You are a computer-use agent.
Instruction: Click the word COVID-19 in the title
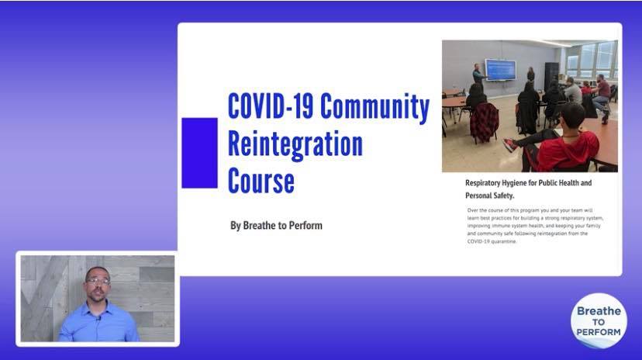coord(271,106)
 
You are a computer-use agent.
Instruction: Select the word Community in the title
coord(374,107)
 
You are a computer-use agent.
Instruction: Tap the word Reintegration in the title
coord(295,144)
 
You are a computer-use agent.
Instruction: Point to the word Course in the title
coord(261,181)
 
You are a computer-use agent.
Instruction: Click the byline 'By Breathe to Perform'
coord(276,226)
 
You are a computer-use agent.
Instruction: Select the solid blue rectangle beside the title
coord(199,153)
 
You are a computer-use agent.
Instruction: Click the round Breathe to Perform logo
coord(599,320)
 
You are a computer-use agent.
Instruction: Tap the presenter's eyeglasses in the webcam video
coord(98,282)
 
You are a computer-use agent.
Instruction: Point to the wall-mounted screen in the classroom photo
coord(500,69)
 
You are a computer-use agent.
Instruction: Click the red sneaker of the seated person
coord(510,144)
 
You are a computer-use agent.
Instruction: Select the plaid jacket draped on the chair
coord(484,122)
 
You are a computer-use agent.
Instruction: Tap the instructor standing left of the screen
coord(478,76)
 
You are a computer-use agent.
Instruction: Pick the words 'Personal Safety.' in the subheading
coord(490,196)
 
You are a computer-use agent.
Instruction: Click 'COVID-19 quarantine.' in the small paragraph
coord(492,241)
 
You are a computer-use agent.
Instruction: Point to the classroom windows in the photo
coord(592,61)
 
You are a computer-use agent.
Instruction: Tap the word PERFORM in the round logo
coord(598,332)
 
